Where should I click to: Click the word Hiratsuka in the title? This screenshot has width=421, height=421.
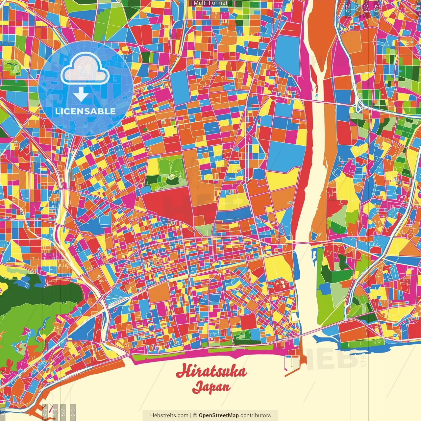tap(211, 372)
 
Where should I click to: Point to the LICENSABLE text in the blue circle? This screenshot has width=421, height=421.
tap(86, 111)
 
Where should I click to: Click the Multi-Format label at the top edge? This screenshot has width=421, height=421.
tap(210, 3)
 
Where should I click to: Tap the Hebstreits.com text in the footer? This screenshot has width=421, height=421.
tap(169, 415)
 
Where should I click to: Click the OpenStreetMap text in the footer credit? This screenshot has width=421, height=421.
tap(219, 415)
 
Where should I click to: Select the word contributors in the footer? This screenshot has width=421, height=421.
tap(256, 415)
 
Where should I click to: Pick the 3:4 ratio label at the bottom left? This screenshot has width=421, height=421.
tap(55, 412)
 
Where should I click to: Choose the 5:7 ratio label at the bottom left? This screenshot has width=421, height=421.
tap(63, 412)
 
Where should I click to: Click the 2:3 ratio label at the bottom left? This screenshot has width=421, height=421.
tap(73, 412)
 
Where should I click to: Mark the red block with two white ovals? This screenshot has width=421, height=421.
tap(282, 285)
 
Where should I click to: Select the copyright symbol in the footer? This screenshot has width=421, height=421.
tap(195, 415)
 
